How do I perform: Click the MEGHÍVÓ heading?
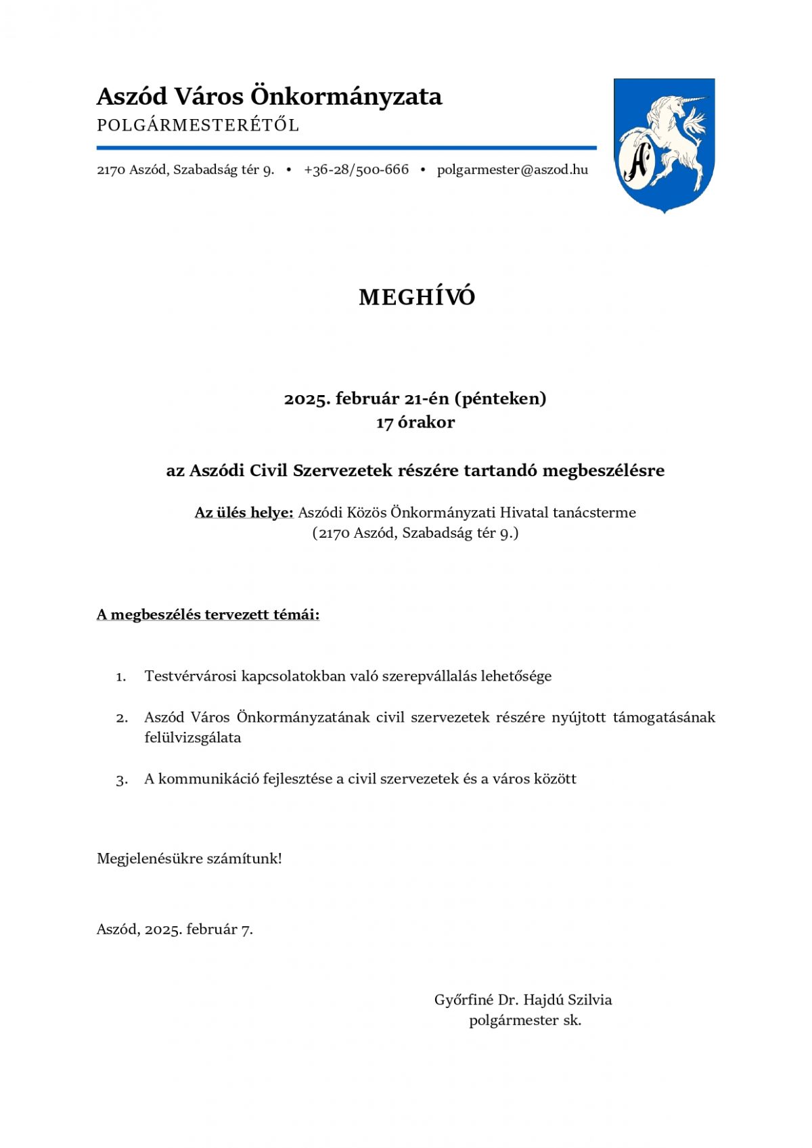(417, 297)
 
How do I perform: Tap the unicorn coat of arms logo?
(664, 145)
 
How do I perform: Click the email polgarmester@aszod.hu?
(512, 170)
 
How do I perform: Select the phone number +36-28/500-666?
(356, 170)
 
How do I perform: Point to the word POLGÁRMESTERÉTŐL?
(198, 126)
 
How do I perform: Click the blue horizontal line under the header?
(346, 147)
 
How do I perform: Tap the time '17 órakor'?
(415, 422)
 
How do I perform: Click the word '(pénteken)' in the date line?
(500, 398)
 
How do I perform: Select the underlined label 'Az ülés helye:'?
(244, 513)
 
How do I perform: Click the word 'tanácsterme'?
(594, 513)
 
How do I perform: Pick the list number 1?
(121, 677)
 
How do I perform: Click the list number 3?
(122, 780)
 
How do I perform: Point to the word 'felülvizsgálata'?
(193, 738)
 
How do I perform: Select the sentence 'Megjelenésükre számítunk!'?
(189, 859)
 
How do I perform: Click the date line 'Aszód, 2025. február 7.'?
(175, 929)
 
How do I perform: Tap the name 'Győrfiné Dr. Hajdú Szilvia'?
(523, 1000)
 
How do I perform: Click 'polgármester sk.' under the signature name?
(525, 1021)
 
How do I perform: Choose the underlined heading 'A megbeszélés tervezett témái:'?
(208, 615)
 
